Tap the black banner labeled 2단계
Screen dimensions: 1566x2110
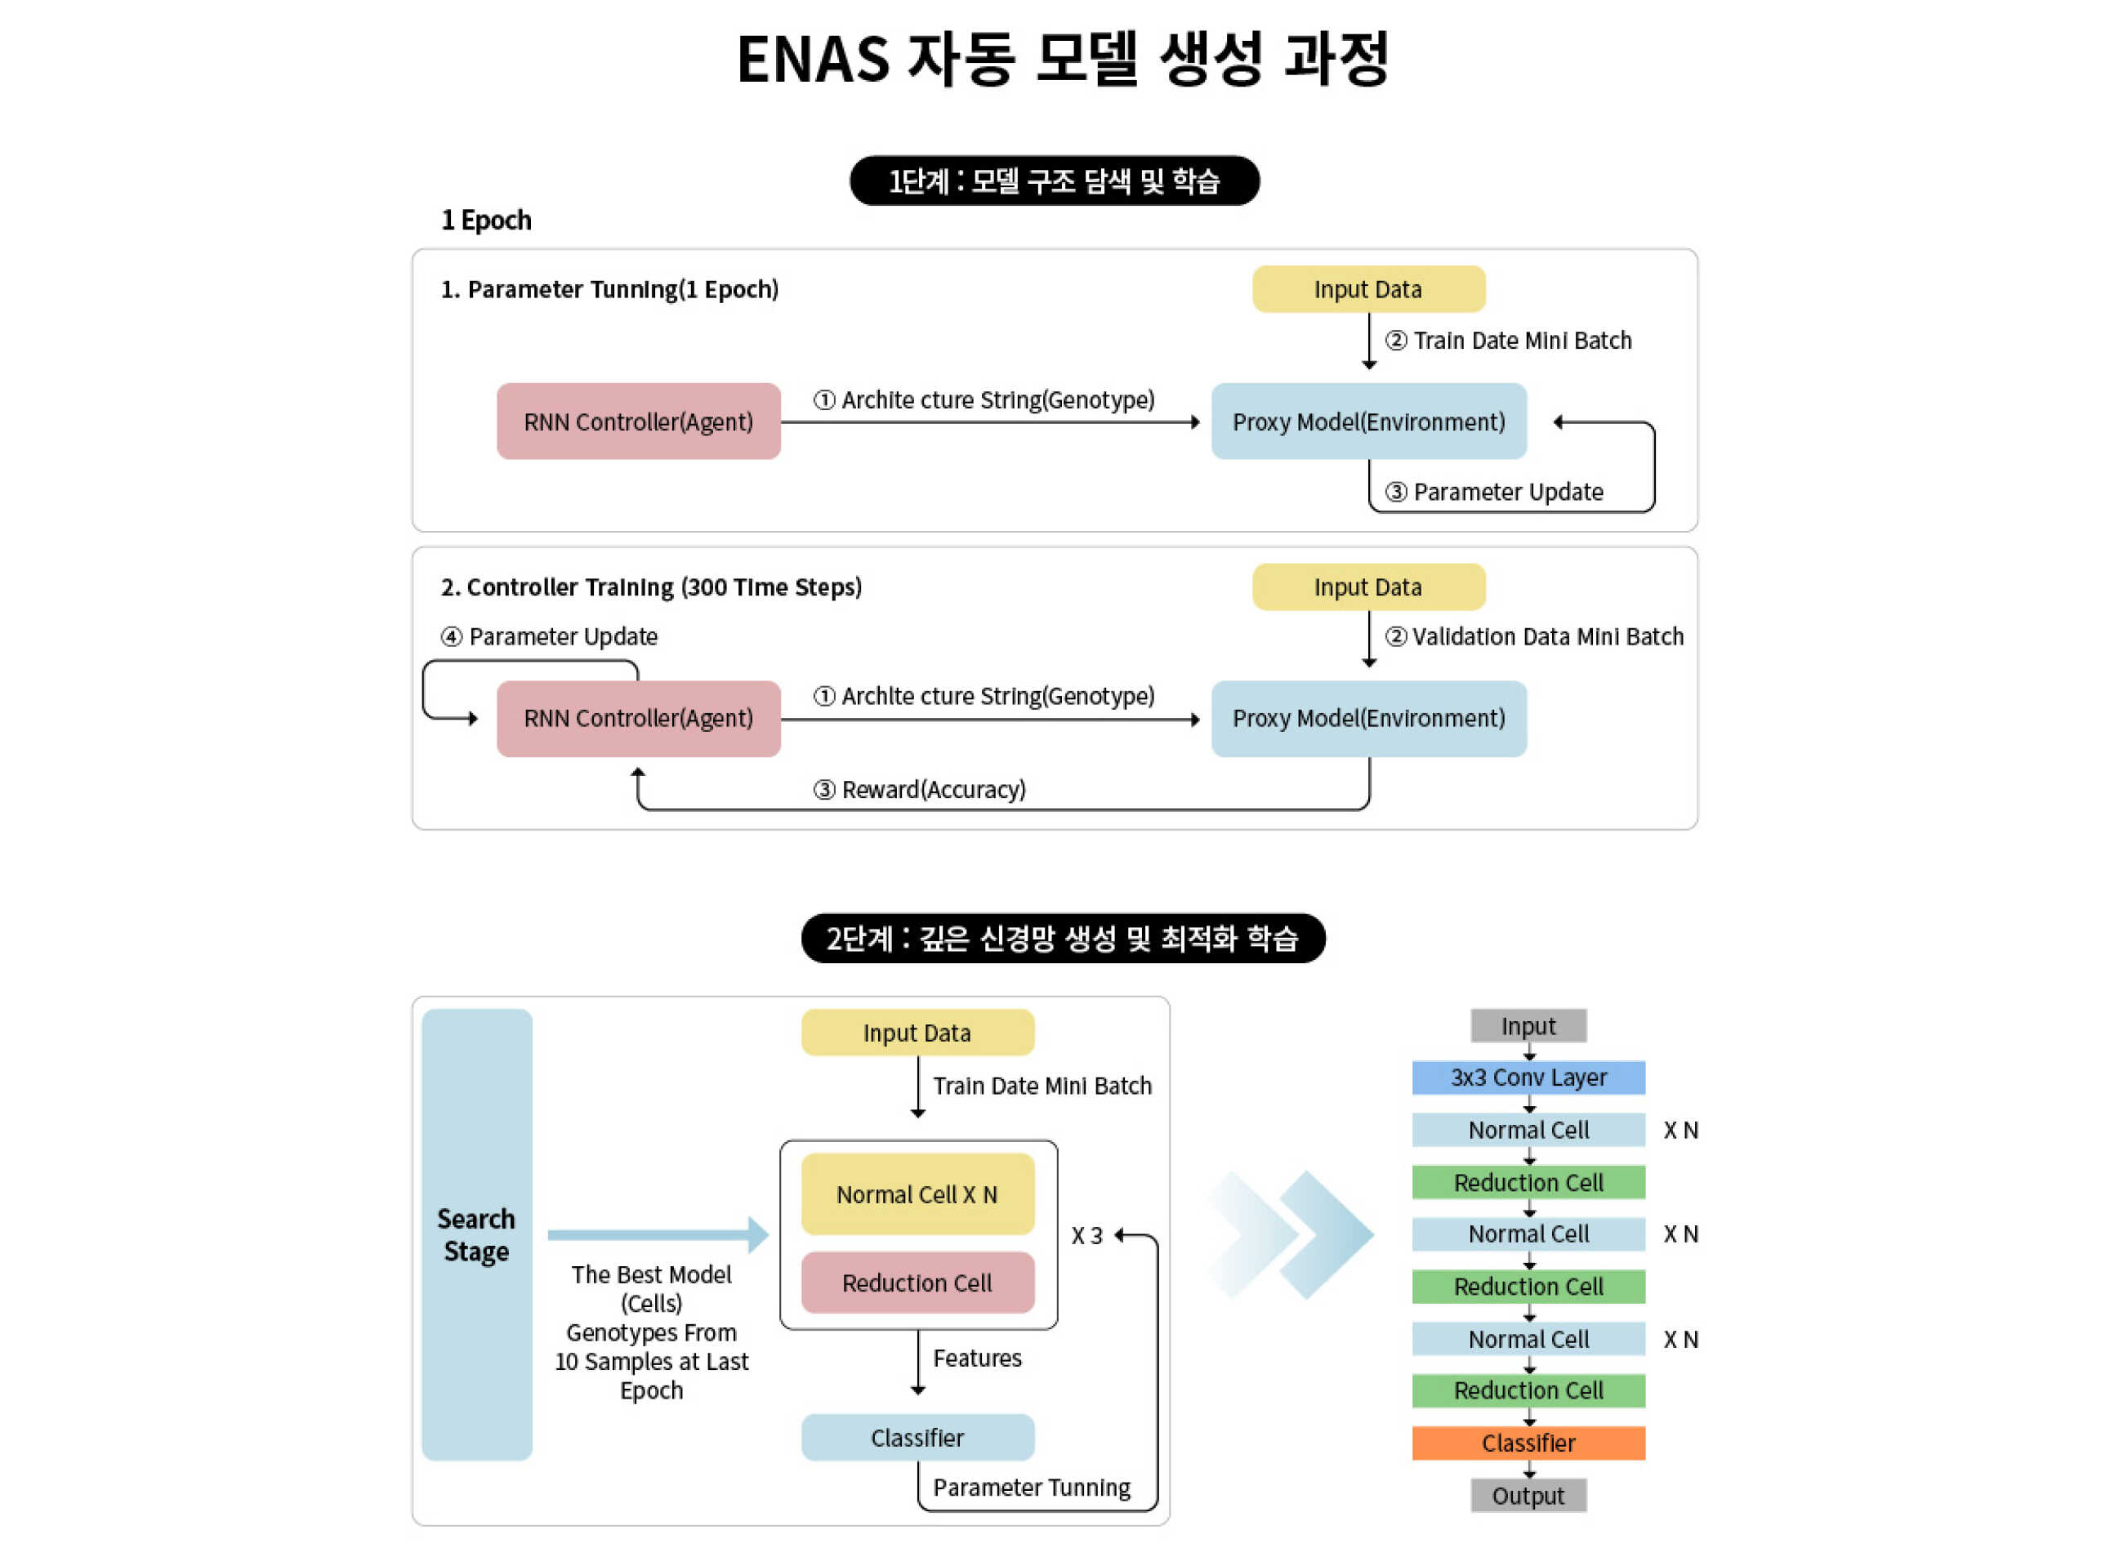[1063, 938]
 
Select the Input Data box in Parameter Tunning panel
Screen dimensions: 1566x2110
[1367, 289]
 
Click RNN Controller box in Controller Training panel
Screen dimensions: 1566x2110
[638, 719]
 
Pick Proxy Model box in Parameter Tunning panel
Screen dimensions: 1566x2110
[1367, 422]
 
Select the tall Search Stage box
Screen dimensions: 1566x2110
[477, 1234]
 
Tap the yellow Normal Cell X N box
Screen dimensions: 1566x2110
[917, 1194]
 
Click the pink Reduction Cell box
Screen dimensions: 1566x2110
[917, 1283]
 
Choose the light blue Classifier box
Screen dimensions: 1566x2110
[917, 1437]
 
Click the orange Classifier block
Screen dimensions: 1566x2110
[1528, 1443]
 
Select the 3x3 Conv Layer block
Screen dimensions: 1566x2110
[1528, 1077]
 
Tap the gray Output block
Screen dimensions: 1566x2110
[1528, 1495]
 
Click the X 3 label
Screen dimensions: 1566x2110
[1086, 1235]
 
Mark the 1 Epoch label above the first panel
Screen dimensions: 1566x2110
[486, 220]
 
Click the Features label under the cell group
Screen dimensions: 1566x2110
[976, 1358]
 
